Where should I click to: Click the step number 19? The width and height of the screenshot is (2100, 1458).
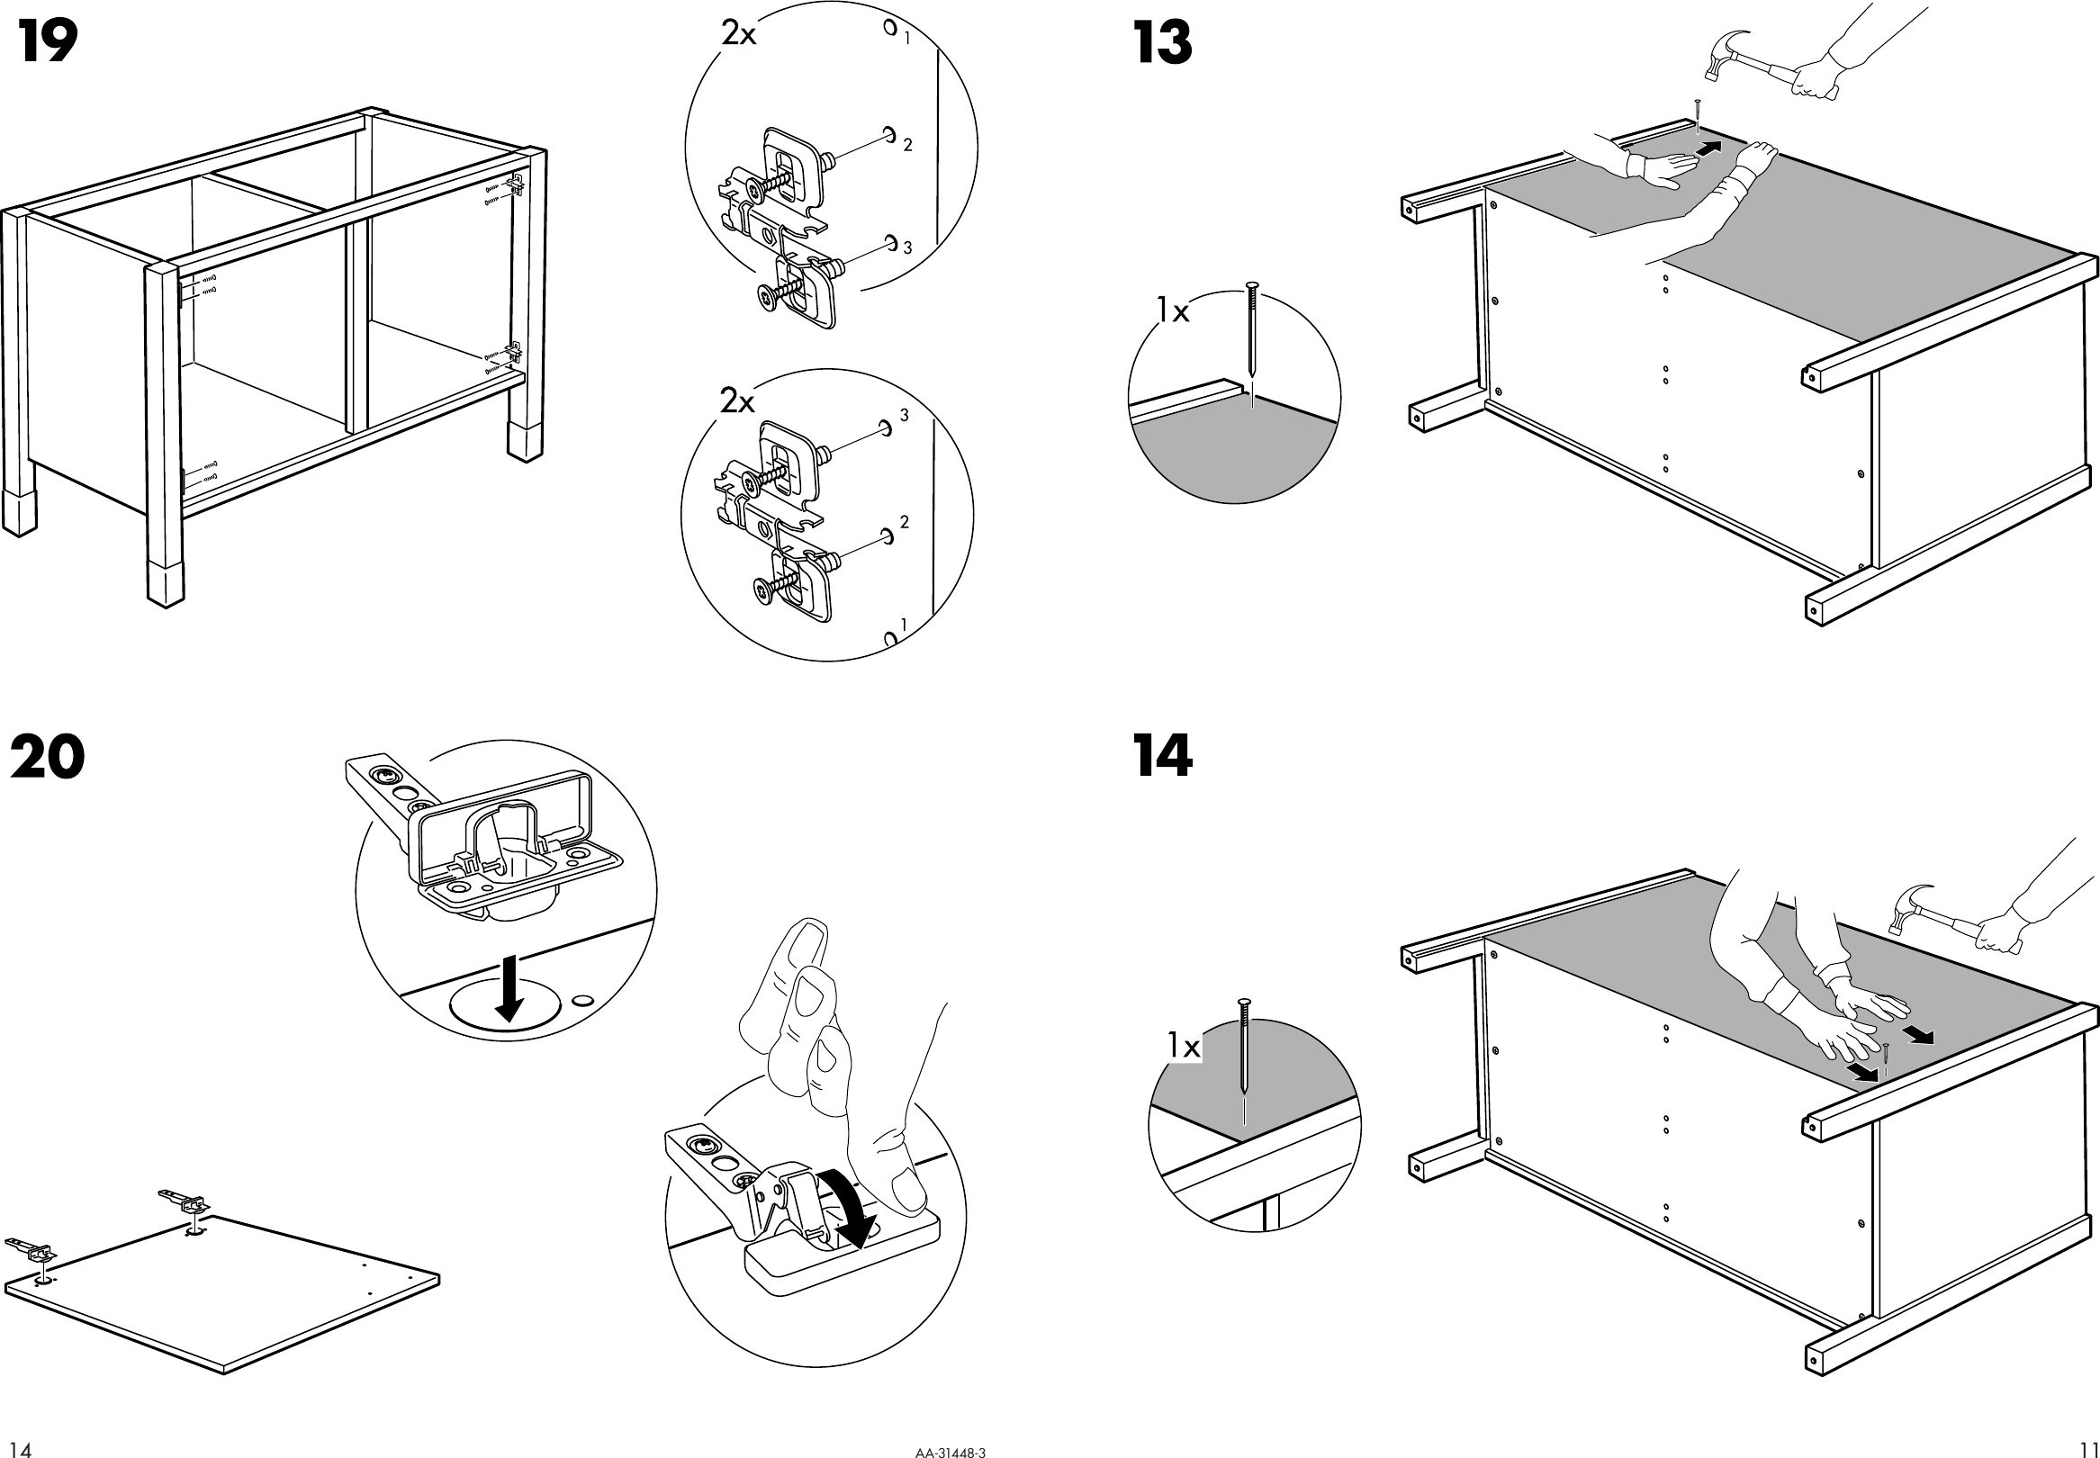coord(48,42)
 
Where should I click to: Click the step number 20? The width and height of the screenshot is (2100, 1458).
coord(48,757)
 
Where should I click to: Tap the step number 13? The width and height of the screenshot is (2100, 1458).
coord(1162,43)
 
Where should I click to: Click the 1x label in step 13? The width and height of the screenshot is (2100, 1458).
coord(1173,311)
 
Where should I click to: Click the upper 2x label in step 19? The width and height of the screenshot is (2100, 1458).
coord(739,35)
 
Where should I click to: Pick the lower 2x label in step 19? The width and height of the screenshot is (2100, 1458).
coord(737,400)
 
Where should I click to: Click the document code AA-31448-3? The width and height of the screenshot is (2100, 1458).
coord(950,1450)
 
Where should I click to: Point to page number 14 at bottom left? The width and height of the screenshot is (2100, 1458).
coord(20,1449)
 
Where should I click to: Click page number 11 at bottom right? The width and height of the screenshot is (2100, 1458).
coord(2088,1449)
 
